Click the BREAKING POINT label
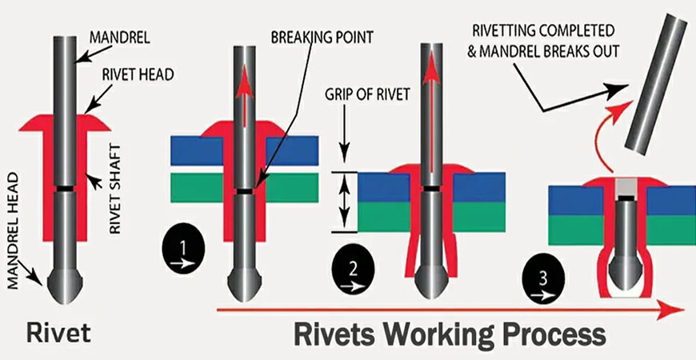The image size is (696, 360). tap(322, 35)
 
